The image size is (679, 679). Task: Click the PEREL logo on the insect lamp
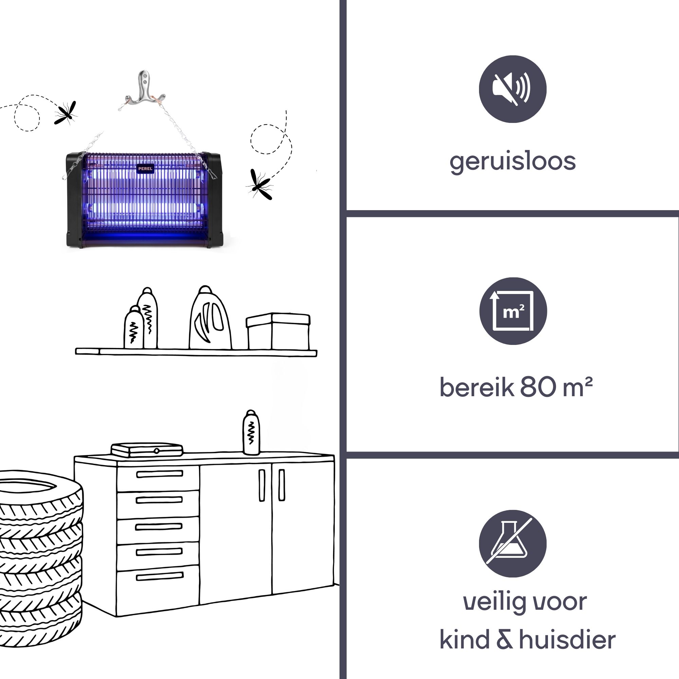tap(145, 169)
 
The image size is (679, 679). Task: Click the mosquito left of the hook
tap(66, 113)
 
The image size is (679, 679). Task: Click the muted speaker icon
tap(512, 89)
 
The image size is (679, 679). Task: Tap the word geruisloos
tap(512, 162)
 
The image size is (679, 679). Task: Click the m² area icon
tap(513, 311)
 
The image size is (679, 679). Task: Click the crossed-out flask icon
tap(512, 543)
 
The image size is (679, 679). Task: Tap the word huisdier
tap(567, 640)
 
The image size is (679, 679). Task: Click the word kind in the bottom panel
tap(464, 640)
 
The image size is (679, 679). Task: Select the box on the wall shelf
tap(278, 331)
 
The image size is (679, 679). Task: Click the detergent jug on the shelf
tap(210, 320)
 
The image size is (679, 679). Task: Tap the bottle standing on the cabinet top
tap(251, 433)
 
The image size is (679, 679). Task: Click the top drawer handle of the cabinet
tap(160, 474)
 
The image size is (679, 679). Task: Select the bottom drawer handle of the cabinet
tap(160, 576)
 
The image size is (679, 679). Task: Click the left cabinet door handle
tap(262, 485)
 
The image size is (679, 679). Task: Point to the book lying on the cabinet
tap(147, 449)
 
